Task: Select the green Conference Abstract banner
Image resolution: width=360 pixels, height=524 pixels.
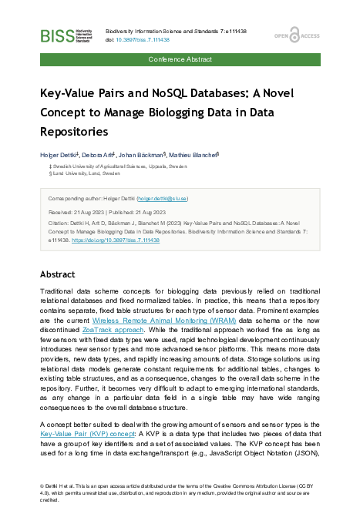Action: pyautogui.click(x=180, y=59)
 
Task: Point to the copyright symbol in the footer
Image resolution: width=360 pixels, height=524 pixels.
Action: pyautogui.click(x=42, y=487)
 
